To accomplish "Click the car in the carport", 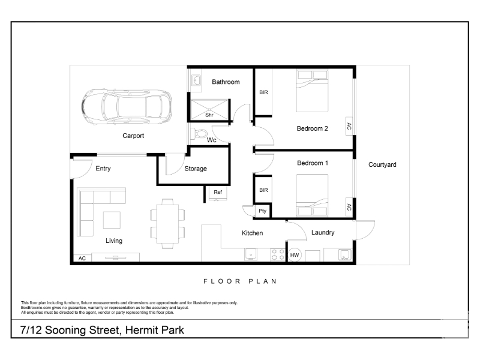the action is click(x=127, y=107).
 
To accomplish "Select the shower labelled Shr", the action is click(x=209, y=110).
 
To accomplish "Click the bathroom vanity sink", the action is click(x=196, y=81).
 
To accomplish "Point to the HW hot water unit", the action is click(x=295, y=254).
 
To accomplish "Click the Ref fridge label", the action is click(x=218, y=192).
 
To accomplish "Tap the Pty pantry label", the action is click(x=262, y=211).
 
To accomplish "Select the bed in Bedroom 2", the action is click(x=312, y=91).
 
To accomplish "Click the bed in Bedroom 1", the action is click(x=312, y=196).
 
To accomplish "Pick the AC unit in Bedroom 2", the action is click(x=349, y=126).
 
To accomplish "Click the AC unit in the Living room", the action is click(x=82, y=258).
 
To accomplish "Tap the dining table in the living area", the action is click(x=167, y=223).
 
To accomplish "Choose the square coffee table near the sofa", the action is click(x=112, y=220).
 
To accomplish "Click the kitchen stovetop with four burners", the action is click(x=278, y=254).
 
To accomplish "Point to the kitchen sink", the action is click(x=251, y=254).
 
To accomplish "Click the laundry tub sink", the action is click(x=344, y=254).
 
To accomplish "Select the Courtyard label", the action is click(x=382, y=164).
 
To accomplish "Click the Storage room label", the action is click(x=196, y=169).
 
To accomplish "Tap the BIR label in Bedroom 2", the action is click(x=263, y=92).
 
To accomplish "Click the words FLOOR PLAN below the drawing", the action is click(x=241, y=281).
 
